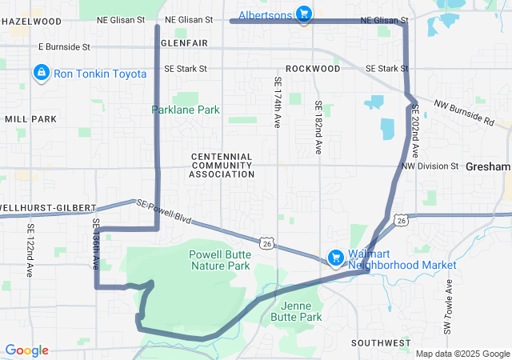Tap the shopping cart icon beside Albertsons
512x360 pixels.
(x=304, y=13)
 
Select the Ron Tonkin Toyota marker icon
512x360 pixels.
(x=41, y=74)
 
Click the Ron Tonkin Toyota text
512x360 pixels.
(x=100, y=74)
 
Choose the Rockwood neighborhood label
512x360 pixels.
(x=313, y=69)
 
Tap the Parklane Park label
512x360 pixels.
(x=186, y=110)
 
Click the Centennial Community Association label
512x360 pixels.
(x=222, y=165)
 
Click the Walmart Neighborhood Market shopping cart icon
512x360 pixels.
(x=337, y=258)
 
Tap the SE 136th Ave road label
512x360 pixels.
(x=95, y=243)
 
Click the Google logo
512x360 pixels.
(x=27, y=350)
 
